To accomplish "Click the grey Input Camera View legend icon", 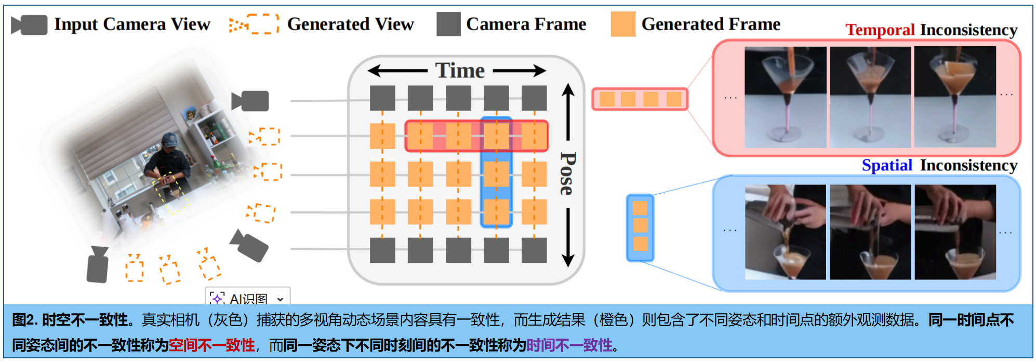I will (x=30, y=25).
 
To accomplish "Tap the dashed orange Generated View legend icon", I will (x=254, y=24).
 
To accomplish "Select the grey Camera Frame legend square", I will (x=448, y=24).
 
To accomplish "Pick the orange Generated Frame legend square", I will (x=623, y=24).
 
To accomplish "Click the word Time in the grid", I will (x=460, y=71).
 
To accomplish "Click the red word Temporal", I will (x=880, y=30).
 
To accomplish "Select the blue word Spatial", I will (x=887, y=165).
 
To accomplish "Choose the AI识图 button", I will (x=248, y=298).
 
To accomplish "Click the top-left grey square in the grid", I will (x=382, y=98).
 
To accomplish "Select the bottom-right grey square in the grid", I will (x=534, y=250).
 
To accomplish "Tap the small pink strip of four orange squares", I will (x=640, y=99).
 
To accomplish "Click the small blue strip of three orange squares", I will (x=640, y=227).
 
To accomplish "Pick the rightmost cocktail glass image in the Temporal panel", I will (x=955, y=97).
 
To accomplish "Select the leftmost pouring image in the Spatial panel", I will (x=785, y=232).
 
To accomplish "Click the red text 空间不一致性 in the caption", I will (x=212, y=345).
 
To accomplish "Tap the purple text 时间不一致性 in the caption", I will (x=569, y=345).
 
